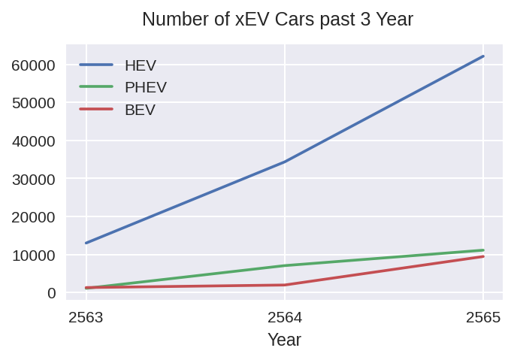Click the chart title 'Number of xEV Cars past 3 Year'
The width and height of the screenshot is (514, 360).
pos(277,20)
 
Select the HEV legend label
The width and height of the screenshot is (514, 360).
pos(141,65)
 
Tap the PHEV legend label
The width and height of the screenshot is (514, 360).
pos(146,87)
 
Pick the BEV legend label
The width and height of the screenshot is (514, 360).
pos(140,110)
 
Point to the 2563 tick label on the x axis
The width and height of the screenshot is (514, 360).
pos(86,317)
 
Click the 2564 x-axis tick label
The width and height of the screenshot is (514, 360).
pos(285,317)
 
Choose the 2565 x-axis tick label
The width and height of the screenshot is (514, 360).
pos(483,317)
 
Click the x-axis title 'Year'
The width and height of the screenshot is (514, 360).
pos(284,340)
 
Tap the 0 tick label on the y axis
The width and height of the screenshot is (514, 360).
pos(50,293)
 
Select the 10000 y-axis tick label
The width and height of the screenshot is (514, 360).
pos(34,255)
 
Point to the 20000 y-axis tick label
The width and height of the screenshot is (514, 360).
pos(34,217)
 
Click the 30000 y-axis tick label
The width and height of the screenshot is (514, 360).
pos(34,179)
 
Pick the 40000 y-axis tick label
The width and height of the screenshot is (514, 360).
pos(34,141)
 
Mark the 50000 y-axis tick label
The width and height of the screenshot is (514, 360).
pos(34,103)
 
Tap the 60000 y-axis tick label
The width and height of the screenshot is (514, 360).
pos(34,65)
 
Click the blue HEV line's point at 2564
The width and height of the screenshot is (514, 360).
pos(285,162)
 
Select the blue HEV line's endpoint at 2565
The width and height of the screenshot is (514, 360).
pos(483,56)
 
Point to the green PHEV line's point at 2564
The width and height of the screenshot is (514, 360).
pos(285,265)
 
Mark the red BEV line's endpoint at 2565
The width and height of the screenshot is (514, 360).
pos(483,256)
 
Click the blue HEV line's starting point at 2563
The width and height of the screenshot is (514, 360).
pos(86,243)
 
